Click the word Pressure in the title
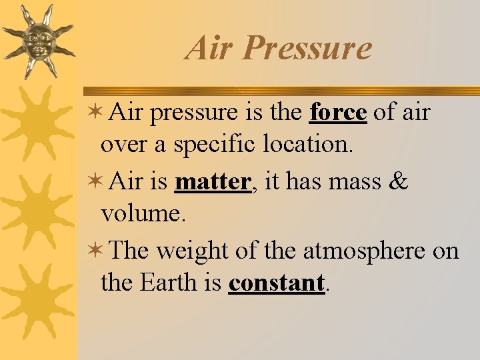click(x=307, y=48)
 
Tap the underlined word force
click(x=338, y=113)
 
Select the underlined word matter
click(x=211, y=181)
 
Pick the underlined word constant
click(x=276, y=283)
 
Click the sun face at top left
click(x=37, y=41)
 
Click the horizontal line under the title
click(x=280, y=91)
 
